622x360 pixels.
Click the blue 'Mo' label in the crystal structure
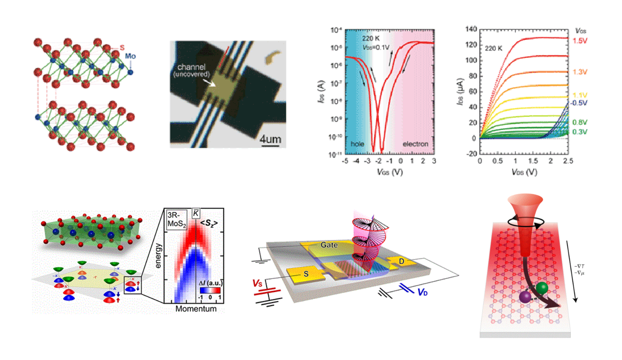[130, 56]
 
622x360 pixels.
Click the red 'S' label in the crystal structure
[122, 48]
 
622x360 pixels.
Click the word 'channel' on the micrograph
[191, 67]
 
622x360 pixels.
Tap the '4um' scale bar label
[270, 139]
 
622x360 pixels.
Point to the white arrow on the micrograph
[209, 83]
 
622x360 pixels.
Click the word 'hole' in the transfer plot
[357, 144]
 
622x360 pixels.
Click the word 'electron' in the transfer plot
[415, 144]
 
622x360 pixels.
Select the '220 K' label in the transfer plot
[371, 38]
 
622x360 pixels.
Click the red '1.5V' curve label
[580, 41]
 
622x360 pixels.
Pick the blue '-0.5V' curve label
[579, 103]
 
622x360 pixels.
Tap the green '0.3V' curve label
[580, 132]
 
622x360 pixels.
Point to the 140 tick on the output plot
[471, 29]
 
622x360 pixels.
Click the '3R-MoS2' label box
[176, 220]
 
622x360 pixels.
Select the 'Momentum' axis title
[196, 309]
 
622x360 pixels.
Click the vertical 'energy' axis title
[158, 256]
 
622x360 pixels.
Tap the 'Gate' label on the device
[329, 245]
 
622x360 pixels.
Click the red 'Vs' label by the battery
[257, 283]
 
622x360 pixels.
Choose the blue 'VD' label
[423, 292]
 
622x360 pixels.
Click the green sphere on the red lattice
[542, 288]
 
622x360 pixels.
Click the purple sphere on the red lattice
[525, 297]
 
